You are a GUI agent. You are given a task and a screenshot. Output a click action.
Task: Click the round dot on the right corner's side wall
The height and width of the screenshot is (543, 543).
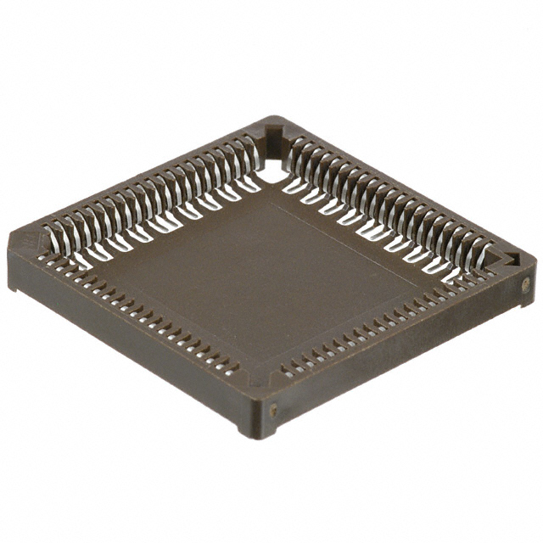[x=526, y=285]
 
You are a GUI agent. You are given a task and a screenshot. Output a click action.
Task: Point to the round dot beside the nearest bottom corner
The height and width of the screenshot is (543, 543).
[x=273, y=410]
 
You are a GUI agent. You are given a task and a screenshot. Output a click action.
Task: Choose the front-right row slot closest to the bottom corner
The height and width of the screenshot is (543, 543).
[x=287, y=372]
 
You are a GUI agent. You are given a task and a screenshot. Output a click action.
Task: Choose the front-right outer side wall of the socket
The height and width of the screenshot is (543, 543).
[x=399, y=356]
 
